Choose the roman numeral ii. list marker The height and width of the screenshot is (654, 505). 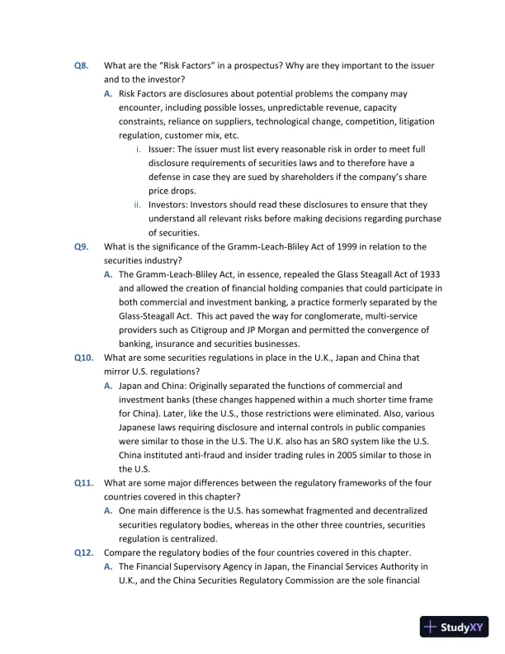click(x=138, y=204)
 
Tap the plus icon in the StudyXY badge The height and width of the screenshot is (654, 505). click(x=431, y=627)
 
